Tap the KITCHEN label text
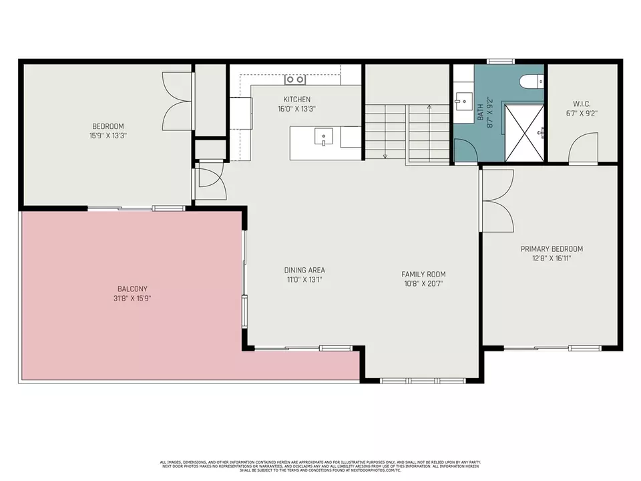[297, 100]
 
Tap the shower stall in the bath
[524, 132]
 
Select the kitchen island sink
[323, 137]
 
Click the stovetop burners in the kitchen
[295, 79]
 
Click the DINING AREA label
[304, 271]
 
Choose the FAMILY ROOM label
[423, 274]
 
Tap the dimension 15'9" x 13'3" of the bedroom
[108, 135]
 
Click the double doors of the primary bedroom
[497, 200]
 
